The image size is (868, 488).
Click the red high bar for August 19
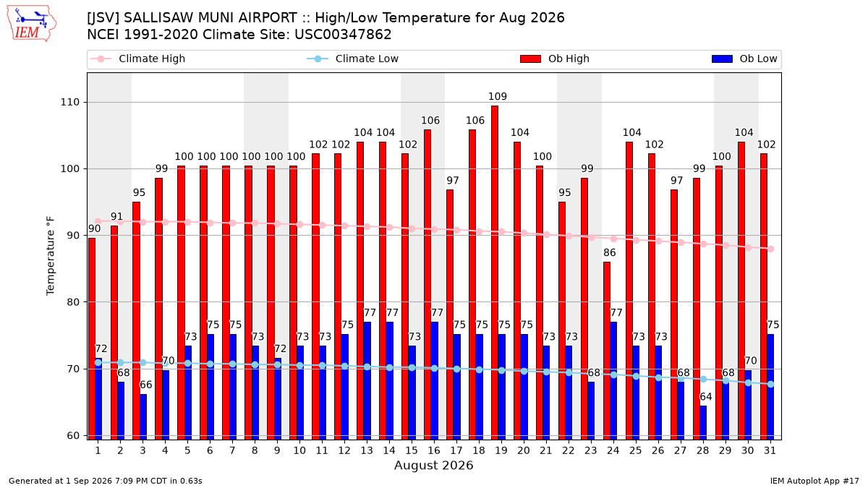point(495,273)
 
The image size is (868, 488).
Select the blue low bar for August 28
point(703,422)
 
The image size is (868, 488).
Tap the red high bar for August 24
point(607,351)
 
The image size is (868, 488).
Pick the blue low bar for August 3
point(143,416)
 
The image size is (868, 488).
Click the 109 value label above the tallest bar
point(498,96)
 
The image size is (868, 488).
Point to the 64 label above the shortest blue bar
point(706,397)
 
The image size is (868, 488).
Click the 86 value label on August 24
point(610,252)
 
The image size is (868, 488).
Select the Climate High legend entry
point(138,59)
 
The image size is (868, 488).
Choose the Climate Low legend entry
point(353,59)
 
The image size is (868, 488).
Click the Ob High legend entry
point(555,59)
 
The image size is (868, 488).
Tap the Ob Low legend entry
point(744,59)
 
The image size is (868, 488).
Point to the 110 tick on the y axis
point(69,102)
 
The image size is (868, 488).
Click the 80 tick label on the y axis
point(72,302)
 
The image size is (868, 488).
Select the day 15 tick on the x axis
point(412,450)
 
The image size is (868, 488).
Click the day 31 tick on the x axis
point(770,450)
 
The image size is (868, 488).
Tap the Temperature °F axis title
point(51,256)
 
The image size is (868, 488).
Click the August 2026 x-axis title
point(433,465)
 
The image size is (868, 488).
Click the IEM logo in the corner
point(31,24)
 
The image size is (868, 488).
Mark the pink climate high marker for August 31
point(771,249)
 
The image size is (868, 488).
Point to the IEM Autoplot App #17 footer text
point(814,481)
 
